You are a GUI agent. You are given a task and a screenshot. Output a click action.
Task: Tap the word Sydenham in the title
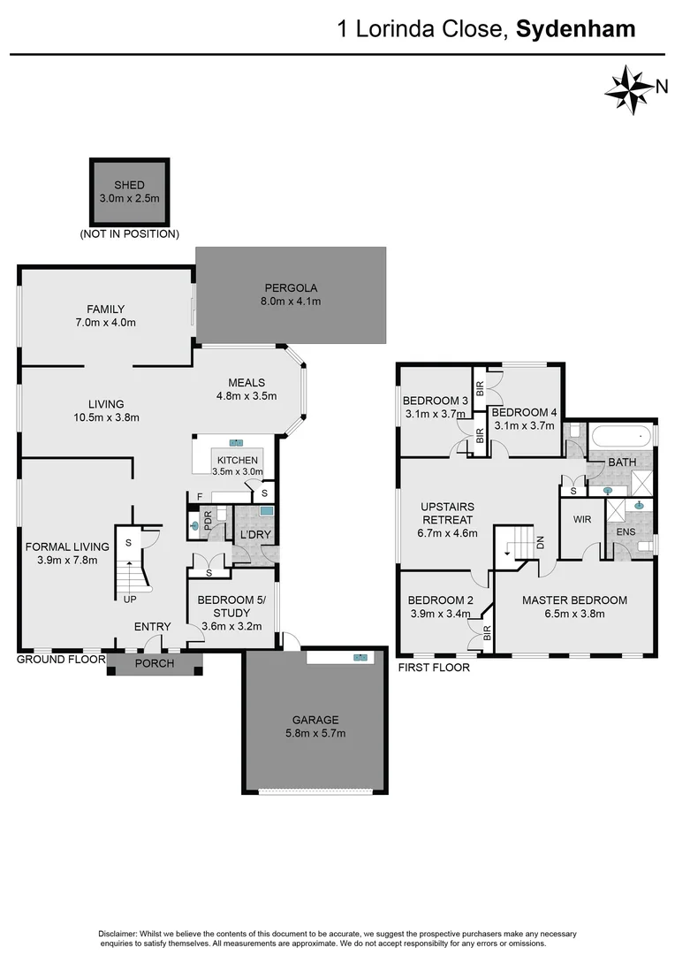[x=575, y=29]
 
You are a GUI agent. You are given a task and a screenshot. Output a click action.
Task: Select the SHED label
[x=129, y=185]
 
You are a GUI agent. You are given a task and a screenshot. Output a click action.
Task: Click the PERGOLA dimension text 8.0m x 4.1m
[x=291, y=302]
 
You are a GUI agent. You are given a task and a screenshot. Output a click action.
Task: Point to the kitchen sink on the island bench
[x=237, y=442]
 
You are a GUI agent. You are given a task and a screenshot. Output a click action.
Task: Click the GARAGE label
[x=315, y=720]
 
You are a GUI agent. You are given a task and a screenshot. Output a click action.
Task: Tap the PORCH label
[x=154, y=664]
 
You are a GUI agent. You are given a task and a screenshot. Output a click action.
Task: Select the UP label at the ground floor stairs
[x=129, y=599]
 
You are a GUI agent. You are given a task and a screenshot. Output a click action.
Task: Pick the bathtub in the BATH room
[x=622, y=436]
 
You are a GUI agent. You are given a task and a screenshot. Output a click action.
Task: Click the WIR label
[x=581, y=519]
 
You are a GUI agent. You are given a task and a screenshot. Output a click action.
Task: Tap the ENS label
[x=625, y=531]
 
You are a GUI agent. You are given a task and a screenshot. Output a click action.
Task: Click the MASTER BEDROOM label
[x=574, y=600]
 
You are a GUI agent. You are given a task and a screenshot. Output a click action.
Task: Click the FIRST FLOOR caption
[x=434, y=668]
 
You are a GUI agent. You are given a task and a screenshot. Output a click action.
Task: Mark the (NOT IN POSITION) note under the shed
[x=129, y=234]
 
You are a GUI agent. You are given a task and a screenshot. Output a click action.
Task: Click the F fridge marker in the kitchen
[x=200, y=496]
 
